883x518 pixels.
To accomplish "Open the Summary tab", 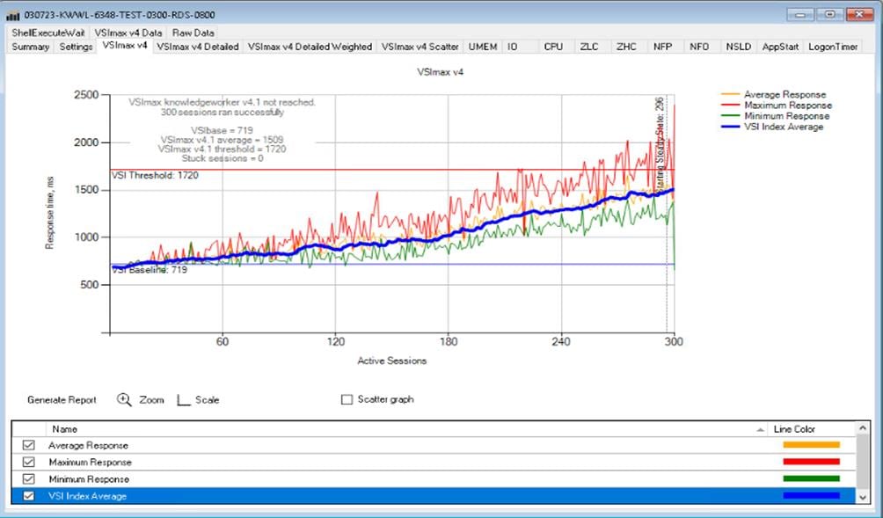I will pyautogui.click(x=31, y=47).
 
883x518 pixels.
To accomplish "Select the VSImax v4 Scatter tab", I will pyautogui.click(x=420, y=47).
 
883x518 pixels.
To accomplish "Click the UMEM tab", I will pyautogui.click(x=483, y=47).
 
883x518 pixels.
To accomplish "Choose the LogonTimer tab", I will pyautogui.click(x=833, y=47).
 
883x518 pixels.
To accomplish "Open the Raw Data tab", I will pyautogui.click(x=193, y=33).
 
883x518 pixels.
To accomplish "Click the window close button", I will pyautogui.click(x=857, y=14).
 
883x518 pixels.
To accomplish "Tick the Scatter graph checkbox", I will pyautogui.click(x=347, y=400).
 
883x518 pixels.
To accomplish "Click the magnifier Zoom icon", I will pyautogui.click(x=124, y=399).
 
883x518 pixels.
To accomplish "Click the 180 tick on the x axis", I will pyautogui.click(x=449, y=342).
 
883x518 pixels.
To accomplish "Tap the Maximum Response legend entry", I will pyautogui.click(x=787, y=106).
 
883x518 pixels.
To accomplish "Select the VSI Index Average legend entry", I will pyautogui.click(x=783, y=127).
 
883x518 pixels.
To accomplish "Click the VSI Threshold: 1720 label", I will pyautogui.click(x=155, y=176).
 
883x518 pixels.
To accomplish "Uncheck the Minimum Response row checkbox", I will pyautogui.click(x=29, y=479).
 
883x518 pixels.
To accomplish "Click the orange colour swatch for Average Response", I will pyautogui.click(x=811, y=445).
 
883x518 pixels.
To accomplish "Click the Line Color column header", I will pyautogui.click(x=794, y=429).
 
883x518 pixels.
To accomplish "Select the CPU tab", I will pyautogui.click(x=553, y=47).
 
